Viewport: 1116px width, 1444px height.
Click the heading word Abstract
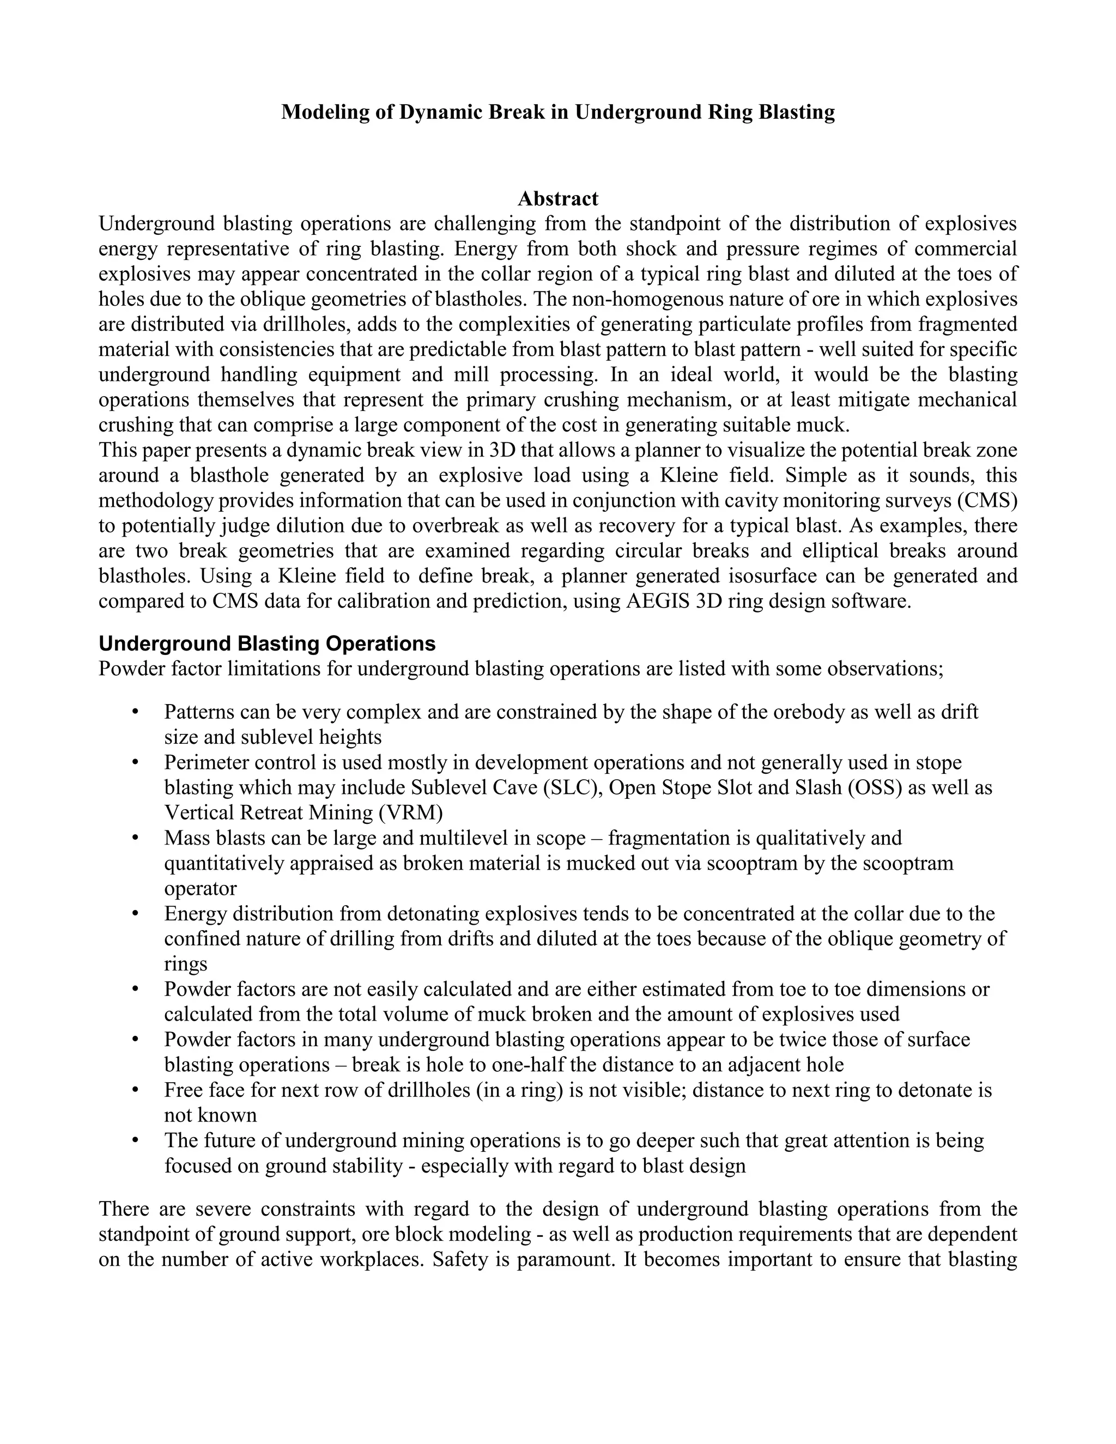(x=557, y=198)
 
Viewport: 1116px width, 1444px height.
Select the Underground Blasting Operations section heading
(x=267, y=644)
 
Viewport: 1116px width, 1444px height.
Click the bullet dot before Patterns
(x=136, y=712)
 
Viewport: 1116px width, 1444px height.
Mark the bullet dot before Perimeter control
(x=136, y=762)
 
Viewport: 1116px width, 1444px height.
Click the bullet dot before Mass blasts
(x=136, y=838)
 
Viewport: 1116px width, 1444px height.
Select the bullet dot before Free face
(x=136, y=1090)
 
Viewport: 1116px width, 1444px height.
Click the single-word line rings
(x=185, y=963)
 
